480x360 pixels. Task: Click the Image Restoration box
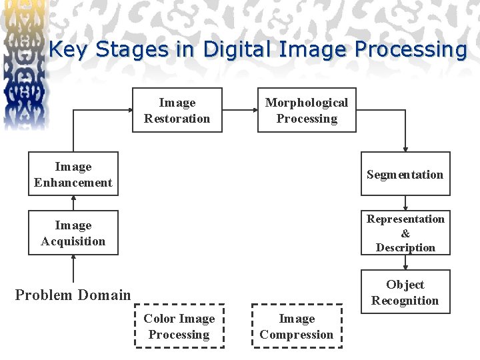coord(177,111)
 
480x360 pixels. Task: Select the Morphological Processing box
coord(307,111)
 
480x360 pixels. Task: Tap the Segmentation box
coord(405,174)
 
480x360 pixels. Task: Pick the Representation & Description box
coord(405,233)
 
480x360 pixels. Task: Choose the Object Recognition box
coord(405,292)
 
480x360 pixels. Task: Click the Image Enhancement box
coord(73,174)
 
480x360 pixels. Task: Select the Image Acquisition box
coord(73,233)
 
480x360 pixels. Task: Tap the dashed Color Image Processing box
coord(179,326)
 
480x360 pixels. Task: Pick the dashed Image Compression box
coord(297,326)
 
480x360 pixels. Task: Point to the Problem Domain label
coord(73,295)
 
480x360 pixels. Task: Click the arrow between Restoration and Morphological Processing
coord(240,110)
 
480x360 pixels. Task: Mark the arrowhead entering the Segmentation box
coord(405,149)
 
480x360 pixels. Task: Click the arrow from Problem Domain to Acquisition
coord(73,269)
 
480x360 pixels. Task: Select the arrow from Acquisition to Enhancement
coord(73,203)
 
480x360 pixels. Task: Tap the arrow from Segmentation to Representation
coord(405,203)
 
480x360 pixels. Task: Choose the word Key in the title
coord(69,50)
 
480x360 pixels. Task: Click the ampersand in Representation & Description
coord(405,233)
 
